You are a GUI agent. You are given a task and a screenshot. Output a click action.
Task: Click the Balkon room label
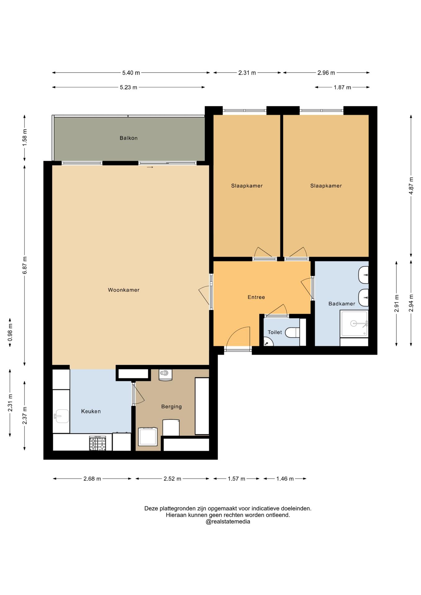point(129,138)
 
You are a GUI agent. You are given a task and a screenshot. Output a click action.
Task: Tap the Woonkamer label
point(124,290)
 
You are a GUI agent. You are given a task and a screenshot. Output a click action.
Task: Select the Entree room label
point(256,297)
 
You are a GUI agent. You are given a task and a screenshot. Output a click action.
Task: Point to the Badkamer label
point(342,304)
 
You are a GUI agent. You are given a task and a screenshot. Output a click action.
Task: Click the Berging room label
point(171,407)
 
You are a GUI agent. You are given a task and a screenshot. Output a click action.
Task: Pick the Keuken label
point(91,411)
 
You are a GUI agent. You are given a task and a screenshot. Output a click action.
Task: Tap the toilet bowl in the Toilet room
point(292,333)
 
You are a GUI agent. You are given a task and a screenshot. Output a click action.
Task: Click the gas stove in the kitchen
point(98,443)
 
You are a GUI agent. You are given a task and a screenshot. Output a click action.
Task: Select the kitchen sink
point(62,416)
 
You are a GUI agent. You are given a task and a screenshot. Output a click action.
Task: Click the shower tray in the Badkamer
point(354,324)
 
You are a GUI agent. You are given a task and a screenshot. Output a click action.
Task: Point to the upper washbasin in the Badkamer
point(363,275)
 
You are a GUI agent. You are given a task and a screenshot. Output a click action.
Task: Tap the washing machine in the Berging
point(148,436)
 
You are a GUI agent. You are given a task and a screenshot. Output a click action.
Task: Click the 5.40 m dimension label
point(131,73)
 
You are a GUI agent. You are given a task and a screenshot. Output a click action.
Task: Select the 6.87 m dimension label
point(25,265)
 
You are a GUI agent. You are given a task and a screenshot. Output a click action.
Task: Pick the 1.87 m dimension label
point(342,87)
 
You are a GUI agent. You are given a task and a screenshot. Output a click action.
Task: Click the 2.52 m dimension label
point(172,479)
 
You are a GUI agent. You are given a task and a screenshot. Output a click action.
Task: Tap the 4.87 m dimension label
point(411,186)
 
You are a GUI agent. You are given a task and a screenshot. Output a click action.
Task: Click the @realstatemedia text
point(228,522)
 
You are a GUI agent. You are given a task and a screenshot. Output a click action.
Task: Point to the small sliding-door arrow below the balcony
point(150,167)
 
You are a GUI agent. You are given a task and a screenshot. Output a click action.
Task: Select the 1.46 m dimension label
point(285,479)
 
